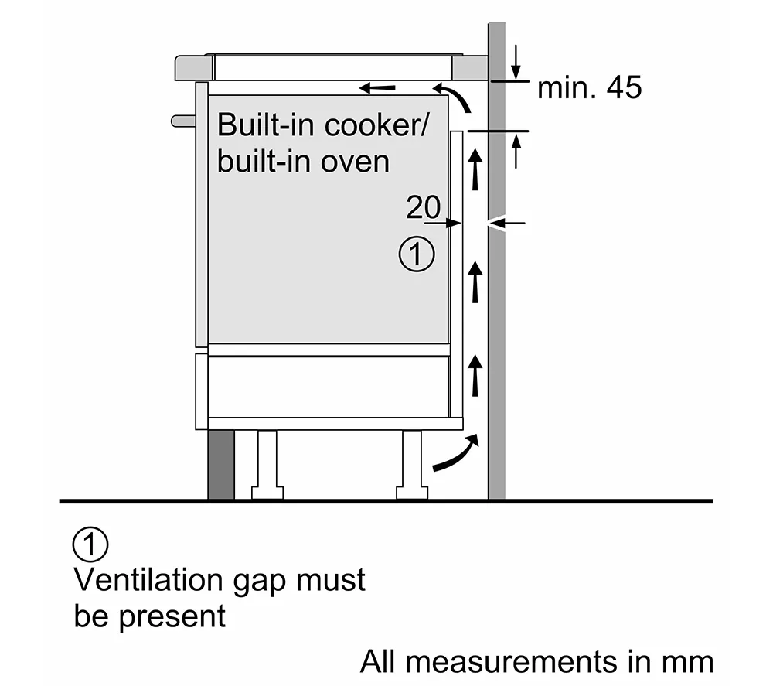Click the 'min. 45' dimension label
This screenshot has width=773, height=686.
pos(589,87)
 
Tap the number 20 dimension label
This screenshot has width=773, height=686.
pos(423,207)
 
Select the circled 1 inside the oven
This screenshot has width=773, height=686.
pos(417,254)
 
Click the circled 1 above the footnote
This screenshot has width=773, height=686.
pos(90,544)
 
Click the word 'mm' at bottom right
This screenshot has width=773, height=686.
pos(689,663)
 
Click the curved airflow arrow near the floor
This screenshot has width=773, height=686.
pos(455,453)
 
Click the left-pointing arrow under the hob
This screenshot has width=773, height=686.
pos(377,87)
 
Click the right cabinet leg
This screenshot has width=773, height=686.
pos(411,464)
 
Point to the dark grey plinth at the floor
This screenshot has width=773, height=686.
pos(221,464)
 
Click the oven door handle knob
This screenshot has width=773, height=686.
pos(182,120)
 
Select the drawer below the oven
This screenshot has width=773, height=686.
pos(329,386)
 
